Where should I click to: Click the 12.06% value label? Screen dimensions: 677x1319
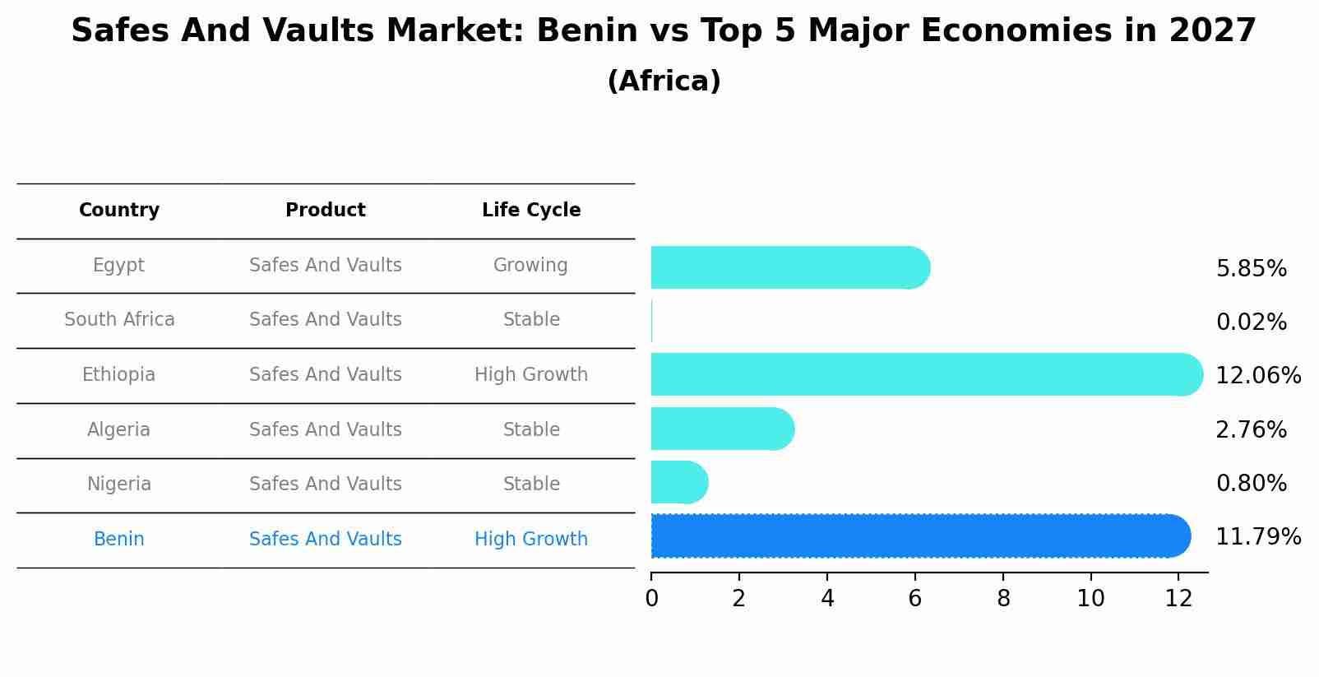(1257, 376)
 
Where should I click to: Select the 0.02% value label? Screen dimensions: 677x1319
(1251, 322)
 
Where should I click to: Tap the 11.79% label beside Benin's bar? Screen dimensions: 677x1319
(1257, 537)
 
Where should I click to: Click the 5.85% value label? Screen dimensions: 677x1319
(1251, 269)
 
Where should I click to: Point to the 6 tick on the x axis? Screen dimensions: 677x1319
(914, 599)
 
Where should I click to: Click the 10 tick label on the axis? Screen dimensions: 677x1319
(1090, 599)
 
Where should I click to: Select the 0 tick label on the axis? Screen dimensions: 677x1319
(651, 599)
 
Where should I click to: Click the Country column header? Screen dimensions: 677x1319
(119, 211)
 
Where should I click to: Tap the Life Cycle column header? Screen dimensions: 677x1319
(531, 211)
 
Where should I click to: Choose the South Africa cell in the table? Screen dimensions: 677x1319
(119, 320)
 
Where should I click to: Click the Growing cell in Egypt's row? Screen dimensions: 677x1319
(530, 266)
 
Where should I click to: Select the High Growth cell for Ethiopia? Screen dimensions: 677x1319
(531, 375)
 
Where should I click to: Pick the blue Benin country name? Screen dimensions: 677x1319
(119, 540)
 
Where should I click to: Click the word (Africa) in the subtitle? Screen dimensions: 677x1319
(664, 81)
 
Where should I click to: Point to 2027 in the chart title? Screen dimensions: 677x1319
(1212, 31)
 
